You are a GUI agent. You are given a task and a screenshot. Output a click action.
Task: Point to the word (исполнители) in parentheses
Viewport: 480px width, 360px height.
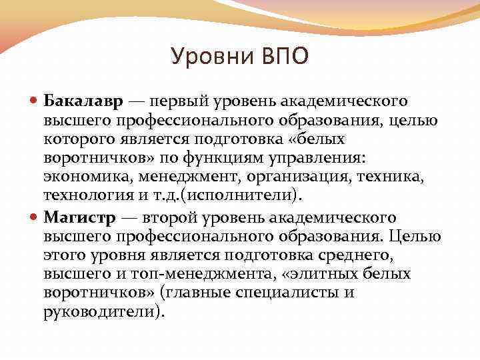click(257, 194)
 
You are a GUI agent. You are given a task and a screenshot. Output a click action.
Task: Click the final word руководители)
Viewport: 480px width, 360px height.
click(103, 311)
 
